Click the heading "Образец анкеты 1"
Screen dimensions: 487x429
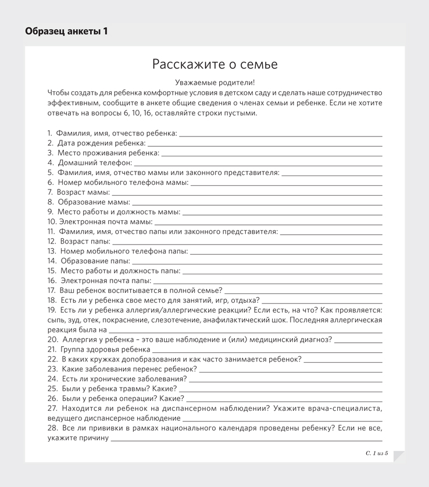(66, 31)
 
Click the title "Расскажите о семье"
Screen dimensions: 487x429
(214, 65)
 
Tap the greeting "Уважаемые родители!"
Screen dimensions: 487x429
(214, 83)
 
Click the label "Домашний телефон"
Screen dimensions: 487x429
(95, 163)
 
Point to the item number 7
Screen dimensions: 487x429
(51, 192)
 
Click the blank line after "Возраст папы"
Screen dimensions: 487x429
(247, 242)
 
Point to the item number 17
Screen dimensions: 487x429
(52, 290)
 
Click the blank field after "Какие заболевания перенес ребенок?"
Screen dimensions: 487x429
(291, 370)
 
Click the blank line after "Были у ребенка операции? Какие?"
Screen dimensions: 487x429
(284, 399)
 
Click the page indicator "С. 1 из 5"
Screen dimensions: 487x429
(377, 453)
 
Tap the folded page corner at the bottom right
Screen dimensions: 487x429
(399, 457)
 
